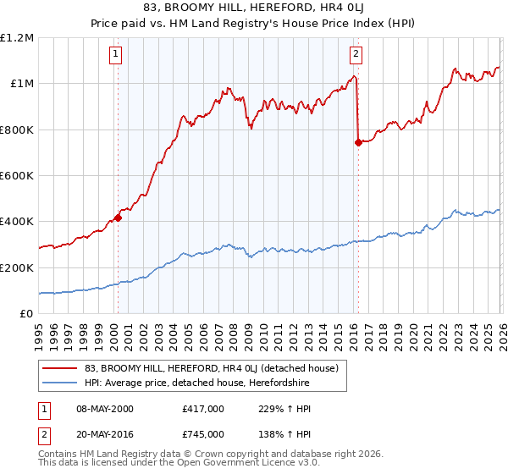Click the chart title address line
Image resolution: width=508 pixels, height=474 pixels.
[x=254, y=8]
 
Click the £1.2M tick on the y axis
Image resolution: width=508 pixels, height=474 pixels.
[x=17, y=38]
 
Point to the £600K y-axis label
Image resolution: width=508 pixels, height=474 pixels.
[x=17, y=176]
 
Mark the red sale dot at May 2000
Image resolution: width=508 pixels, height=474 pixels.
[x=119, y=218]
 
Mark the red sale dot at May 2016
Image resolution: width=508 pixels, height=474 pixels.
[x=358, y=142]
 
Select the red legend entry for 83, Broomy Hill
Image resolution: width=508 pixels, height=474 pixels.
[x=212, y=368]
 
